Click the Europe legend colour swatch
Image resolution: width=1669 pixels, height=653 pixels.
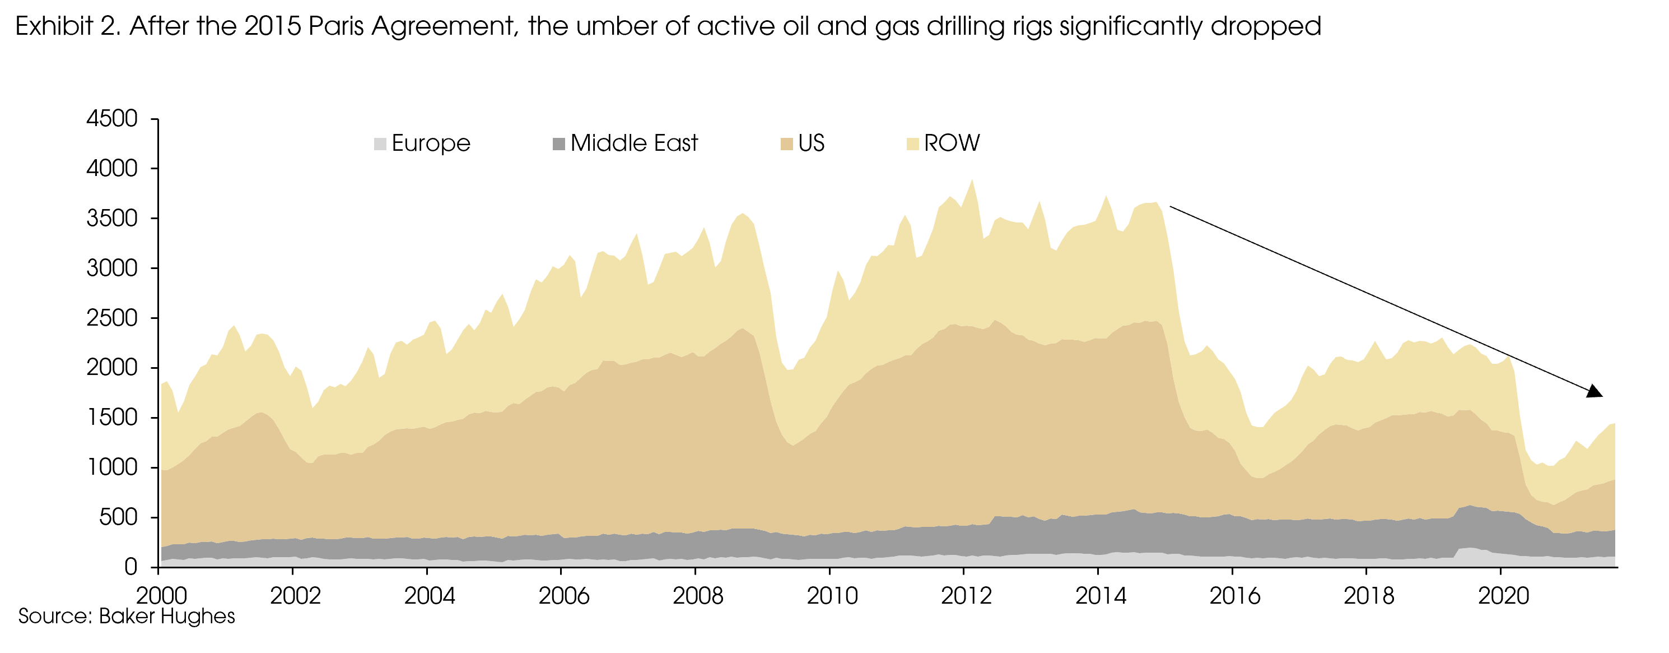380,143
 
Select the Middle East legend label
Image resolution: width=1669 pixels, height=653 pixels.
633,143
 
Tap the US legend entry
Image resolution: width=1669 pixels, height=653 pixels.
810,143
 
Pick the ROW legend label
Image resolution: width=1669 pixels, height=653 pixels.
951,143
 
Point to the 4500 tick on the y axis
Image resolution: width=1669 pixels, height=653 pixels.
112,119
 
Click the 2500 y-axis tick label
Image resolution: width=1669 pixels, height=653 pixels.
112,318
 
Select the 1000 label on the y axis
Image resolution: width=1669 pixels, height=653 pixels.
112,467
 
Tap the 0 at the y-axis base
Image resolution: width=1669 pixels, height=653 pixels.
131,567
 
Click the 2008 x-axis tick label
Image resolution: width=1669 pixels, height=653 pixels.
698,595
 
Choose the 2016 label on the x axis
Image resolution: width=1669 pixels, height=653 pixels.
1235,595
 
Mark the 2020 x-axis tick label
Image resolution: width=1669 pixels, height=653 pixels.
1503,595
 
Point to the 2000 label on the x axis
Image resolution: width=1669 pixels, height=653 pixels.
161,595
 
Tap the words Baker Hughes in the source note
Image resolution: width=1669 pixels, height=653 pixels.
166,616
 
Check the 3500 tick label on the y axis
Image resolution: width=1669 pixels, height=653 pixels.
112,219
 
